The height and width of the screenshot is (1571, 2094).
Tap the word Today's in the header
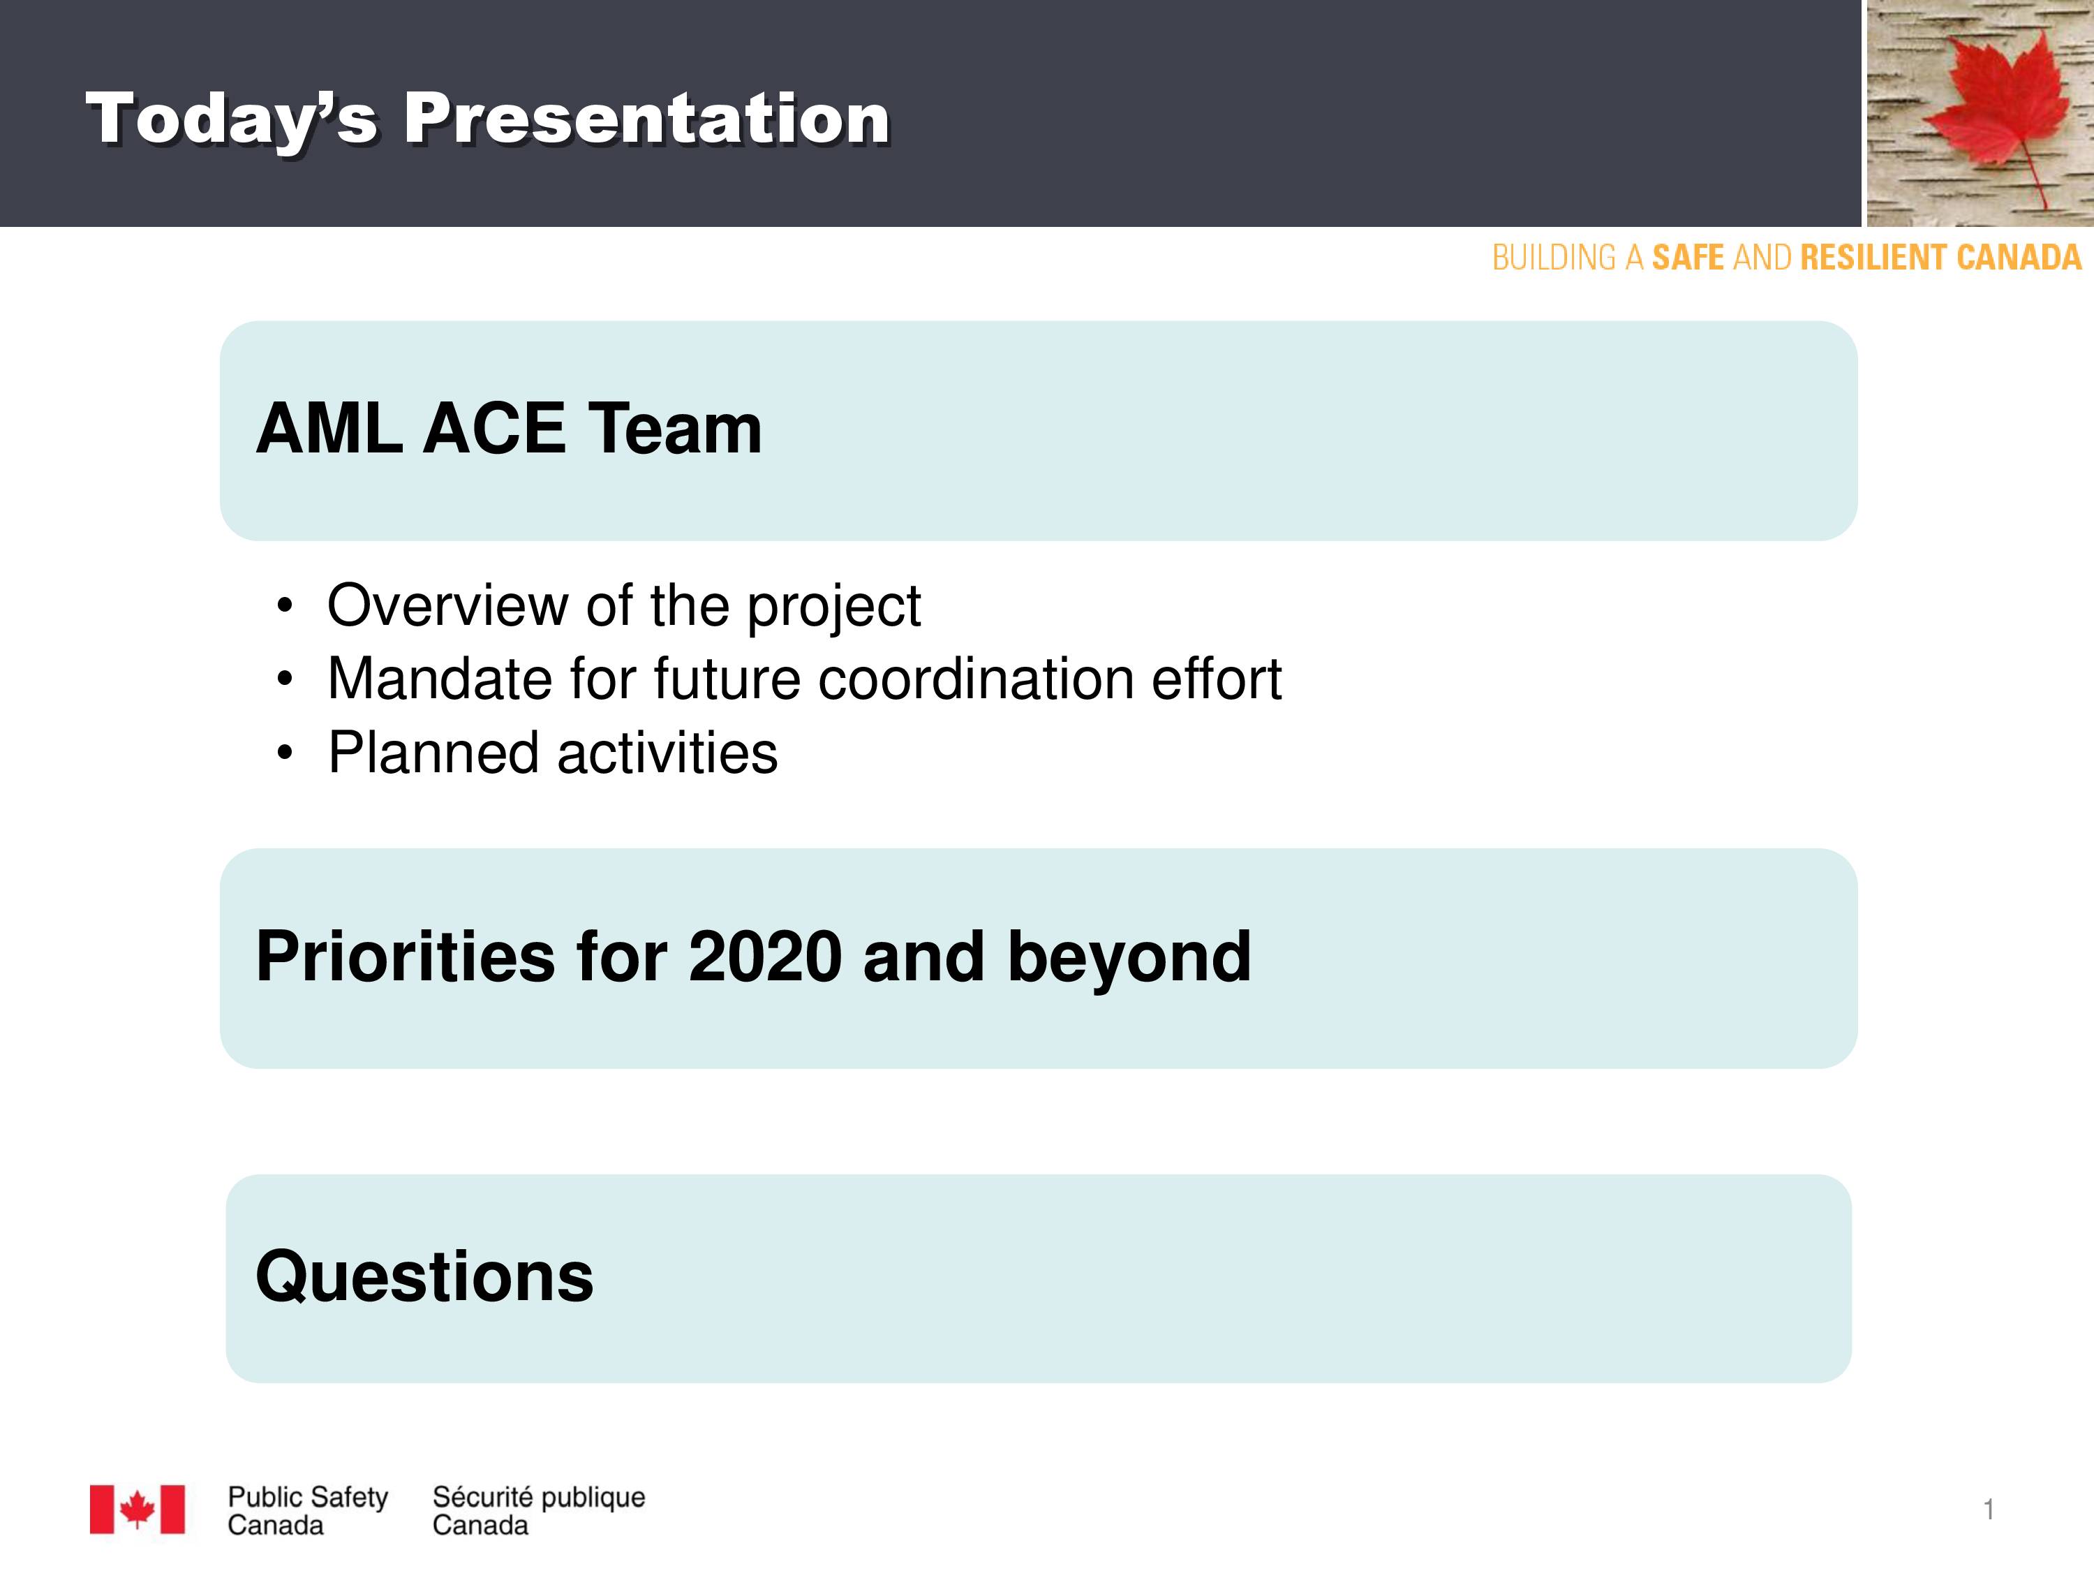coord(232,120)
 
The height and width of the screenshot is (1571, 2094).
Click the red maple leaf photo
coord(1980,112)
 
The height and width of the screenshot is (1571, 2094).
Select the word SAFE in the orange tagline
coord(1688,258)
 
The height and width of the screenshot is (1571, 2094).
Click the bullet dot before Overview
coord(285,605)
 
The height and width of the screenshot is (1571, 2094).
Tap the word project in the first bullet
coord(834,607)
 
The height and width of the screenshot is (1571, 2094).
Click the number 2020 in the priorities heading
coord(765,957)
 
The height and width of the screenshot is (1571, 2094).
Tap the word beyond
coord(1129,959)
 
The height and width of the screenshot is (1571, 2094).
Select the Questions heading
coord(424,1276)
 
